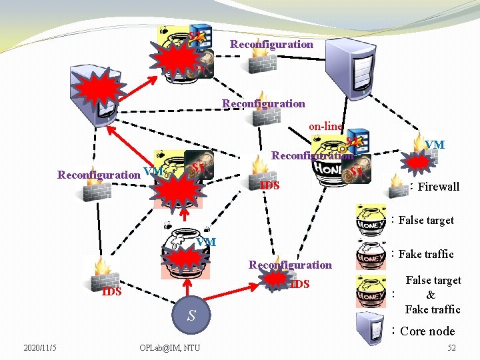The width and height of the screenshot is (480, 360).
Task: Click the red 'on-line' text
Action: (x=325, y=126)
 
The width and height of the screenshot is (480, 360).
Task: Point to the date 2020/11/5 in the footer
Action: (x=40, y=347)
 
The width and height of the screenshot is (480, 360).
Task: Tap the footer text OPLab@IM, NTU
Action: (x=169, y=347)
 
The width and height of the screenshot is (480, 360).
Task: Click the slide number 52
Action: (x=451, y=347)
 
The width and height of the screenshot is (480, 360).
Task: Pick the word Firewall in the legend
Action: (x=438, y=187)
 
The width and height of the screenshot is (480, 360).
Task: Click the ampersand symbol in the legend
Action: (x=431, y=295)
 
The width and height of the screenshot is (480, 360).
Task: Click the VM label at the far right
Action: (x=435, y=145)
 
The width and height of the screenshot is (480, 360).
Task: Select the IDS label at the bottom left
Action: (x=111, y=292)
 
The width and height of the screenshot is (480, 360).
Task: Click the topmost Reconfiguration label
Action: (x=271, y=45)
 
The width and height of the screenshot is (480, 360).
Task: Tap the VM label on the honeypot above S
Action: (x=206, y=241)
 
